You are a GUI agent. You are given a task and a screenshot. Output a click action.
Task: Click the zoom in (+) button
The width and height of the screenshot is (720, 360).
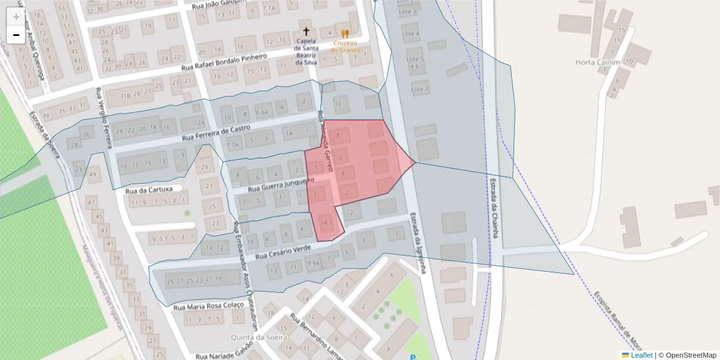coord(16,17)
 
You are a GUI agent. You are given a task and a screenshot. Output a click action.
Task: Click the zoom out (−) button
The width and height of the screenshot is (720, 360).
coord(16,35)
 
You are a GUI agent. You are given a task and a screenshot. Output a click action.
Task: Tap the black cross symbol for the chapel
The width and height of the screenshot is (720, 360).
coord(306,31)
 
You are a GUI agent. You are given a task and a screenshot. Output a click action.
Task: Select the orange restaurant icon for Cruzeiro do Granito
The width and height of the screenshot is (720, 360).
coord(344,34)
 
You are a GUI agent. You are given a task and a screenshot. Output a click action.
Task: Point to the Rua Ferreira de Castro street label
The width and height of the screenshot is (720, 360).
coord(216,133)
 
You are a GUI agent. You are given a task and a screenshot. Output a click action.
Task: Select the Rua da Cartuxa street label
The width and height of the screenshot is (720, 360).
coord(149,190)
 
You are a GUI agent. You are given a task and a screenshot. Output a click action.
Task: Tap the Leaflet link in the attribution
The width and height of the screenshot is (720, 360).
coord(641,355)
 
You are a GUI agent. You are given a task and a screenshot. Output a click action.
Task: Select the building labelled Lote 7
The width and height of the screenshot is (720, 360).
coord(418,89)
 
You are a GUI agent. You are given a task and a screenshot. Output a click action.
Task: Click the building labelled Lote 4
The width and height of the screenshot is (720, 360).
coord(411,34)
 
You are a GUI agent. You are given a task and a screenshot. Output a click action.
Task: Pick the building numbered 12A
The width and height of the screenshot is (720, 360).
coord(200,123)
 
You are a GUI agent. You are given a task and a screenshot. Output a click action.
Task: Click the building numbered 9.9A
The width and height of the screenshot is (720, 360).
coord(313,262)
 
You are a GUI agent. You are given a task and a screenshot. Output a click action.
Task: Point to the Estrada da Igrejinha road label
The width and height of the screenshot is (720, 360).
coord(418,243)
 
